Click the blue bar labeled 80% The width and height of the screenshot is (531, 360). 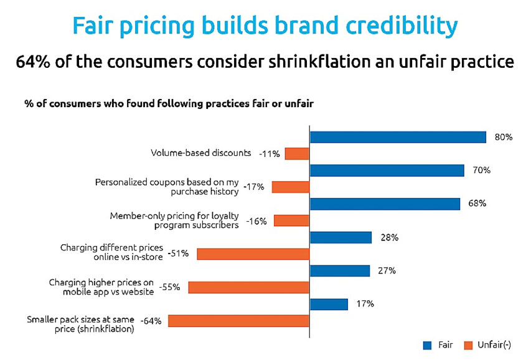coord(397,137)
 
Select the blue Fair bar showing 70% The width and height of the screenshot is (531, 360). coord(387,170)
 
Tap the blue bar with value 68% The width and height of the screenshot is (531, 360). coord(384,204)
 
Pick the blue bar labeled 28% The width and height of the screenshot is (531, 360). coord(340,237)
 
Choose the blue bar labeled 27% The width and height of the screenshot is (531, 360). coord(339,270)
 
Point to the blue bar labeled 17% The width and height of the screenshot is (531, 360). coord(328,304)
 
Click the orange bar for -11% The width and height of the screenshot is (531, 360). coord(297,154)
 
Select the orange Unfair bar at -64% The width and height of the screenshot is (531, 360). coord(238,321)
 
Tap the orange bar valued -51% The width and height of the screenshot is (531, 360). coord(253,254)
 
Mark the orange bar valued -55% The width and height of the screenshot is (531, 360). coord(248,287)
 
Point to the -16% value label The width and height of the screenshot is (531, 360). coord(256,220)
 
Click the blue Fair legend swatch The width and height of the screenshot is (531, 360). coord(427,344)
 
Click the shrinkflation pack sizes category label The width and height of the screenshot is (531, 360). coord(80,324)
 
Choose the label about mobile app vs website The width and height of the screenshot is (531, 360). coord(101,287)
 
